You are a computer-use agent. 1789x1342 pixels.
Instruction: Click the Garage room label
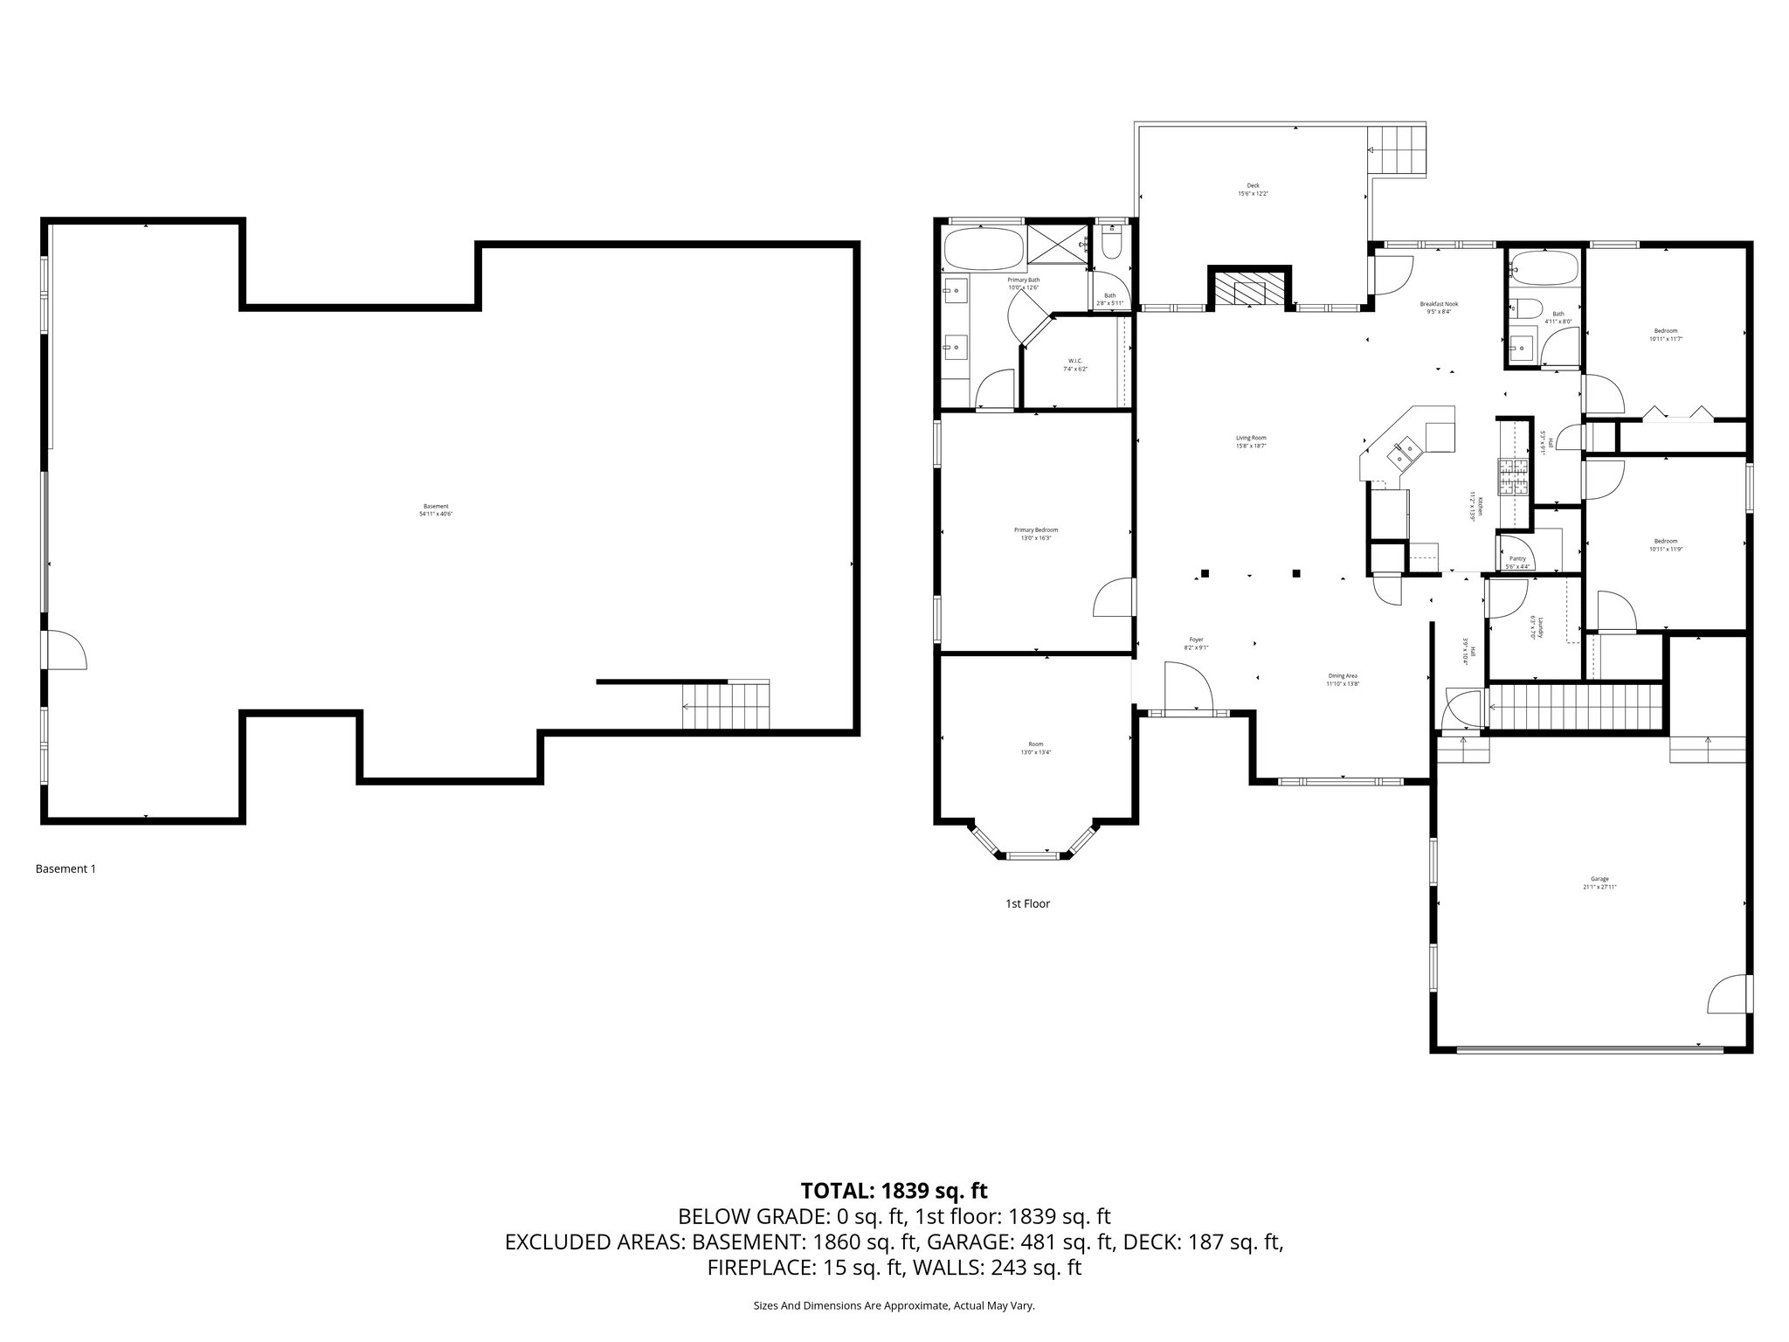tap(1599, 882)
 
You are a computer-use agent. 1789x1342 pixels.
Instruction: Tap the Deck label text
tap(1253, 189)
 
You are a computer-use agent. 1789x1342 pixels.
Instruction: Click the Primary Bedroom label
tap(1036, 534)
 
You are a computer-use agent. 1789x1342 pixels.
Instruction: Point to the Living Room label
tap(1251, 441)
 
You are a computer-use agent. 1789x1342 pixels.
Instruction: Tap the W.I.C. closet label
tap(1075, 364)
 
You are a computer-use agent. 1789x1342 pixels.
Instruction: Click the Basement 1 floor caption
tap(66, 868)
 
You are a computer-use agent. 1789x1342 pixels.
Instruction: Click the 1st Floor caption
tap(1027, 903)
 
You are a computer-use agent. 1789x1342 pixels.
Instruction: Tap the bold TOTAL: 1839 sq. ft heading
tap(894, 1190)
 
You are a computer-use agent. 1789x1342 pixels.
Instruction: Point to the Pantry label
tap(1517, 562)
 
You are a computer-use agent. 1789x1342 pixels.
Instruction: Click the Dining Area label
tap(1343, 679)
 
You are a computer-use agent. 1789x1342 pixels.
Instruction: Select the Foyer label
tap(1196, 643)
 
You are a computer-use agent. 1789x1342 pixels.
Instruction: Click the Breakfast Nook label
tap(1438, 308)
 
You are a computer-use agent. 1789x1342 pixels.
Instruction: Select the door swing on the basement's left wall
tap(66, 651)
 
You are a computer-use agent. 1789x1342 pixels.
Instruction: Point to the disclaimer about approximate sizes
tap(894, 1305)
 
